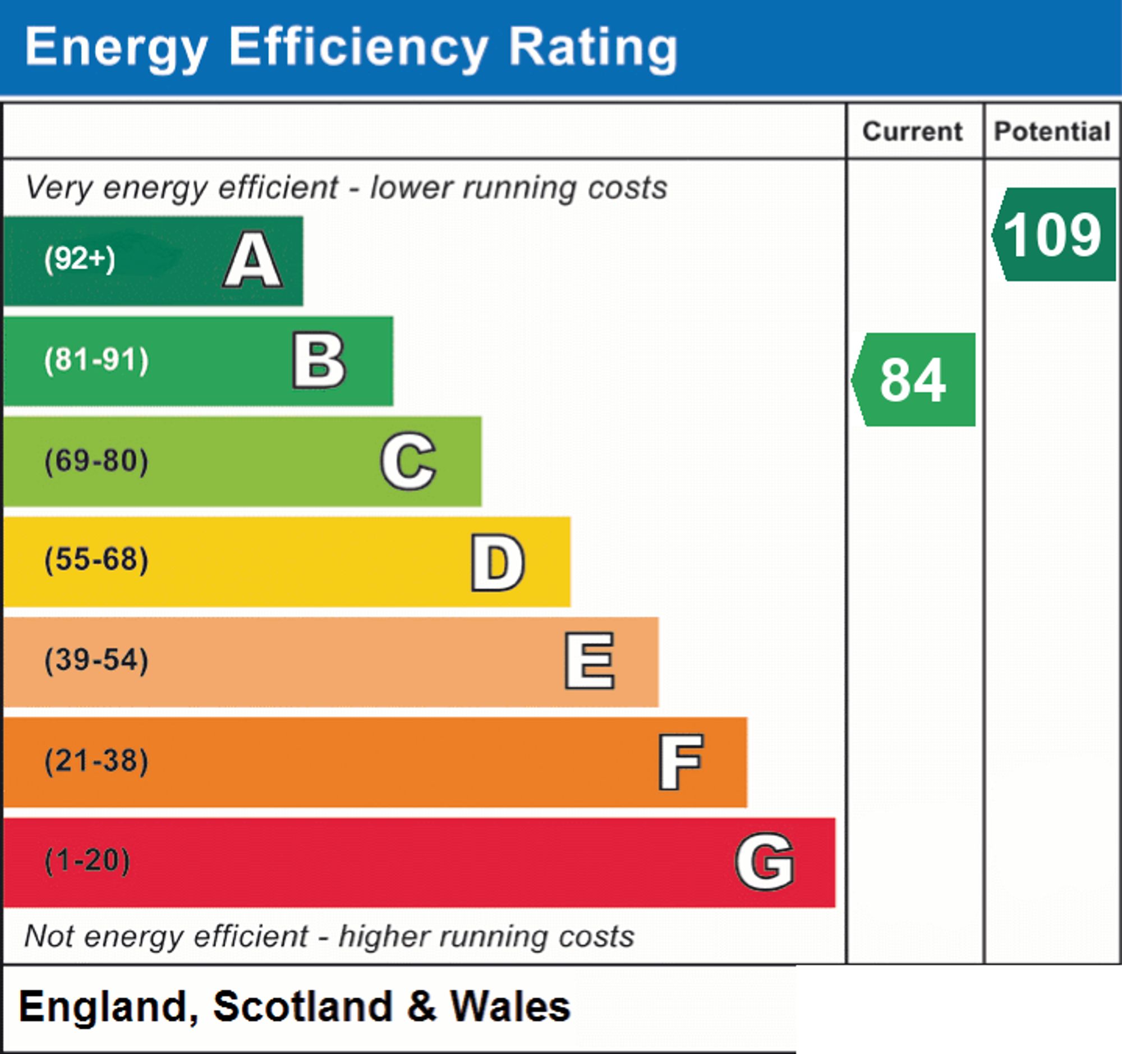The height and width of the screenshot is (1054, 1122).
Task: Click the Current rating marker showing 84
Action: (913, 379)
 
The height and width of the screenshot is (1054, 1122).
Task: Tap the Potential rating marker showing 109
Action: (1054, 234)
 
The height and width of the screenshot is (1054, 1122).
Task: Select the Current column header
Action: (913, 131)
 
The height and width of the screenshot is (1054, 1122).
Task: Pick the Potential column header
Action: (1052, 131)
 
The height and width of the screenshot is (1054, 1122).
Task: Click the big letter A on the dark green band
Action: (253, 260)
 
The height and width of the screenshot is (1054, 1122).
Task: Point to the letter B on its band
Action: (319, 361)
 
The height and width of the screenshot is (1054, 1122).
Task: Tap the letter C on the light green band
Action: (408, 461)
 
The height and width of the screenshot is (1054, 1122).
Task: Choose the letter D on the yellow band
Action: (498, 562)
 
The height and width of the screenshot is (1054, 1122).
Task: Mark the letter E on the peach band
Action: (590, 661)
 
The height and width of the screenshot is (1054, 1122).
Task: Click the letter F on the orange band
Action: (680, 762)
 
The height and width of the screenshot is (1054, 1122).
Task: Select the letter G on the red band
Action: (765, 861)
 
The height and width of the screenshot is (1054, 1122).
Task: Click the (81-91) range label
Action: (96, 360)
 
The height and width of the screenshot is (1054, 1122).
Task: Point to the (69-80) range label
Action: (96, 461)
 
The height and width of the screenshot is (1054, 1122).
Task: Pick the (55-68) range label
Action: (96, 560)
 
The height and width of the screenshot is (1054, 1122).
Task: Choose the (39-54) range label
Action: (96, 660)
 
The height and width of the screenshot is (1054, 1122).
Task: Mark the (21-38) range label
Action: (96, 760)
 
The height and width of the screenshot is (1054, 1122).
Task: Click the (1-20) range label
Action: (88, 861)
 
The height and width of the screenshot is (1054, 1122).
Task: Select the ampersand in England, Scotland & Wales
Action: (422, 1007)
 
